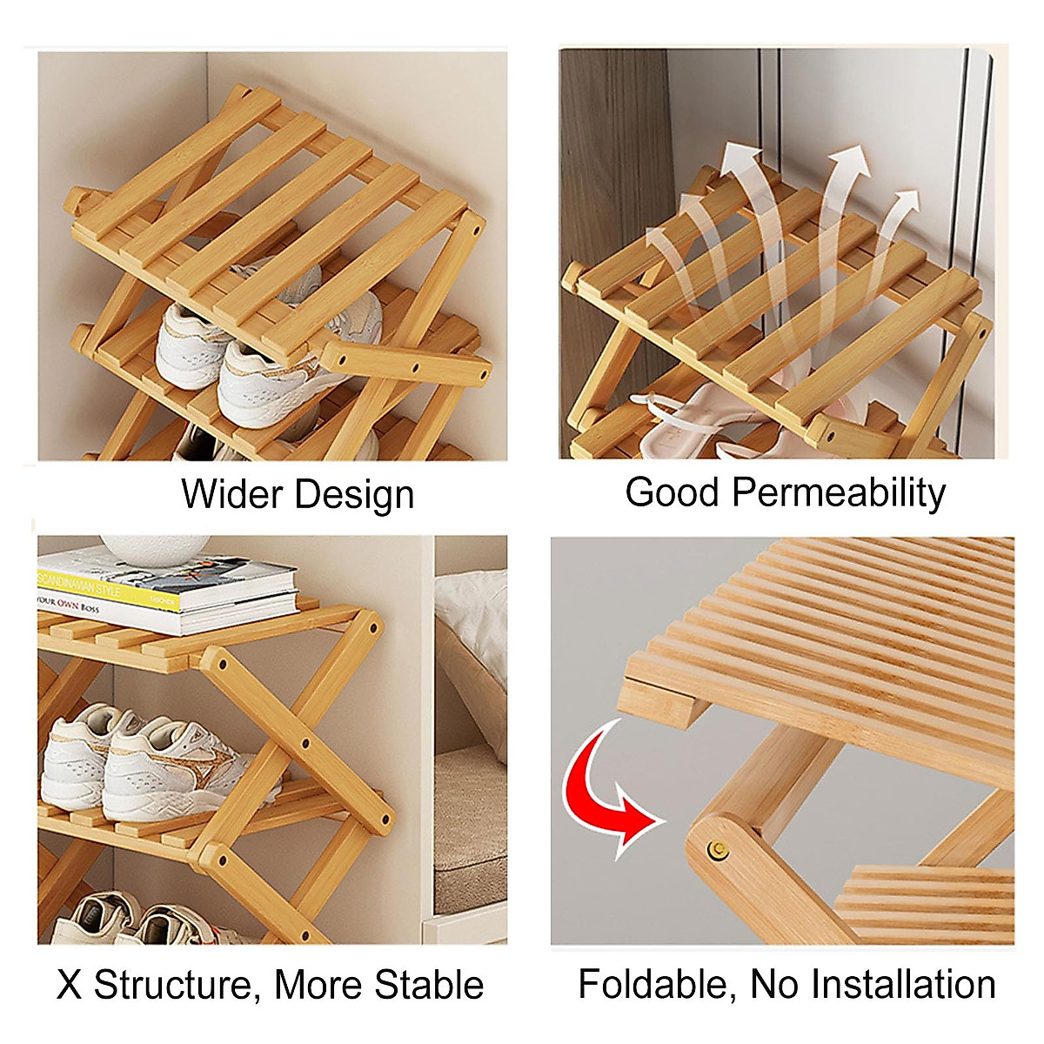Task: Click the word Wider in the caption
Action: pos(231,494)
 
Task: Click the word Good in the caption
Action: pos(673,492)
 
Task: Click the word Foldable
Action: pos(658,986)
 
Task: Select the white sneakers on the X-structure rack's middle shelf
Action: pos(148,761)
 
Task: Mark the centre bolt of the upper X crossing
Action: pos(305,745)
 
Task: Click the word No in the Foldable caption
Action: pos(773,985)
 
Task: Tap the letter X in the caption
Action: pos(70,986)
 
